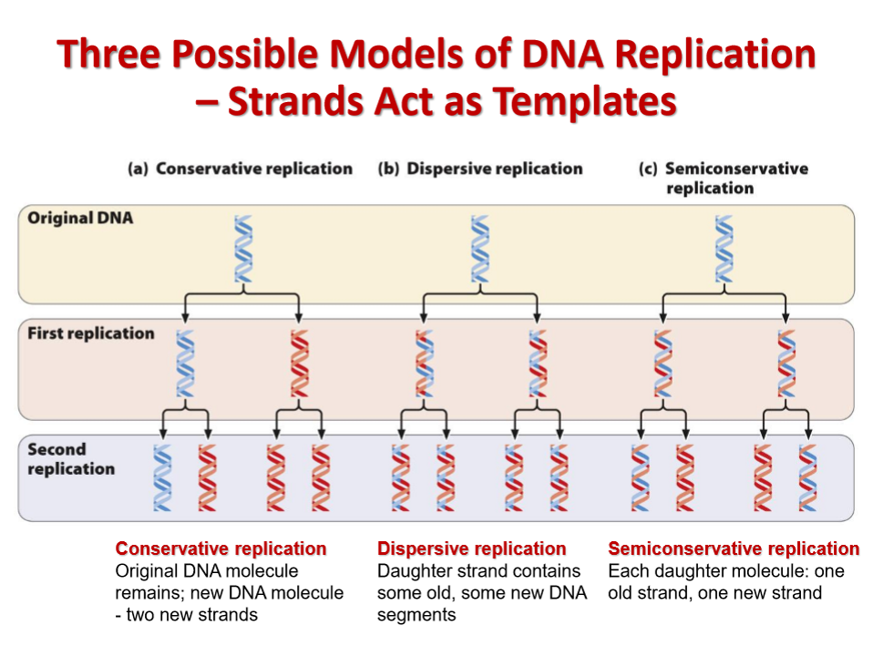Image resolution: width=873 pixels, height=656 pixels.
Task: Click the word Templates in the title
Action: click(x=585, y=102)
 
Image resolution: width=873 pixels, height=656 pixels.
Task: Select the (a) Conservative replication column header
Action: click(x=240, y=169)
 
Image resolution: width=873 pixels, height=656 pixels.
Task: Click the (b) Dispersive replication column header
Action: click(x=480, y=169)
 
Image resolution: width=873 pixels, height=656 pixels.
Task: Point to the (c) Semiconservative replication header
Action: click(x=724, y=178)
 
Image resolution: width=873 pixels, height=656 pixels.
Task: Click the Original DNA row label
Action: click(x=80, y=218)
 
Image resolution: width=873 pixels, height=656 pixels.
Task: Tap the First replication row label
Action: click(x=91, y=333)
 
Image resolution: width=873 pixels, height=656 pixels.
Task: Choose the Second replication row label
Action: click(x=71, y=459)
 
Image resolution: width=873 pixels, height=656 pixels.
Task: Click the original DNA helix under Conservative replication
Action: click(x=243, y=249)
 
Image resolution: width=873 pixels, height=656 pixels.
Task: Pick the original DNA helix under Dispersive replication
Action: click(x=480, y=249)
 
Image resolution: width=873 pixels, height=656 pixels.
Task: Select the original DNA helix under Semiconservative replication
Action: click(x=724, y=249)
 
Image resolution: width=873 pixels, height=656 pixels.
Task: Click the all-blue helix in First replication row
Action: click(x=185, y=364)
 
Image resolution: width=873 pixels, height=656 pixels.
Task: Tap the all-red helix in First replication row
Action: click(x=300, y=364)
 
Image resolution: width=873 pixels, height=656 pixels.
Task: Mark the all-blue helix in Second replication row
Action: click(x=162, y=477)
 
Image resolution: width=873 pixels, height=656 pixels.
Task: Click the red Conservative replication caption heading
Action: click(x=221, y=548)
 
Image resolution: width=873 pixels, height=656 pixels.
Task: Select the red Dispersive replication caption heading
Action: click(x=471, y=548)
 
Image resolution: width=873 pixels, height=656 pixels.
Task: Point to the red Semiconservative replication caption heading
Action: click(x=734, y=548)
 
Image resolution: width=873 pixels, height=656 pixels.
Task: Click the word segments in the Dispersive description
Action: click(x=416, y=615)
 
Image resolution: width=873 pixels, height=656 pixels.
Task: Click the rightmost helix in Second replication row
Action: click(x=808, y=477)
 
